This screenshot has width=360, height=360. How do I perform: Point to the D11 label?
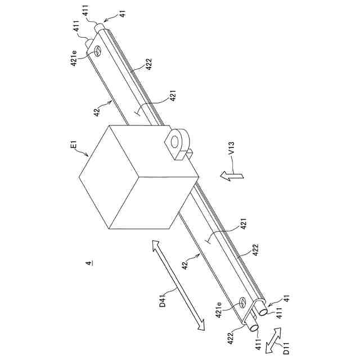[x=286, y=344]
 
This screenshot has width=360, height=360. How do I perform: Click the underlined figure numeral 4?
[x=87, y=262]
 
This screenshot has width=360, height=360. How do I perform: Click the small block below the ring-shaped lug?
[x=189, y=152]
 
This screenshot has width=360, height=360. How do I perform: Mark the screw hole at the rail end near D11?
[x=242, y=303]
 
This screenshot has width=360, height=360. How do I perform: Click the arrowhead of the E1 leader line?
[x=88, y=154]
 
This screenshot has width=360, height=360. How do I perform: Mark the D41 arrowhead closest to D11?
[x=201, y=331]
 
